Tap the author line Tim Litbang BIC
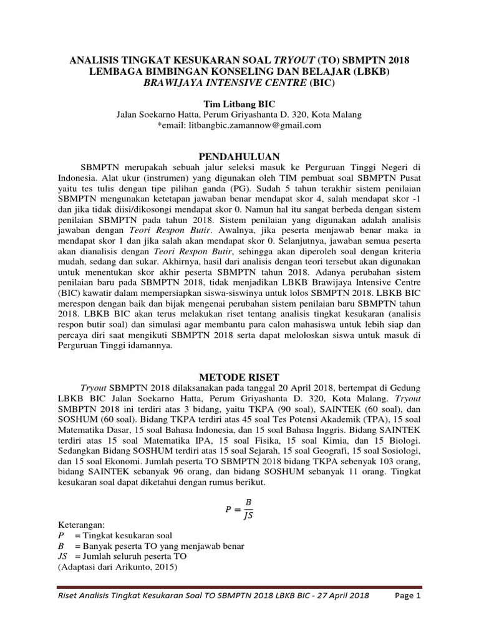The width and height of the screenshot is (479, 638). pyautogui.click(x=239, y=104)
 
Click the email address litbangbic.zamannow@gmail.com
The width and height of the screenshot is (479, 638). pyautogui.click(x=244, y=125)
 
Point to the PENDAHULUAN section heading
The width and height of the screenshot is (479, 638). pyautogui.click(x=239, y=156)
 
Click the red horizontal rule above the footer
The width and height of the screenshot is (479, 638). pyautogui.click(x=239, y=587)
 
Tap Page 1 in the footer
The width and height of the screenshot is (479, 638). pyautogui.click(x=409, y=596)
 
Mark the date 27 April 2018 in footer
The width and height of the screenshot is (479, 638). pyautogui.click(x=337, y=596)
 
